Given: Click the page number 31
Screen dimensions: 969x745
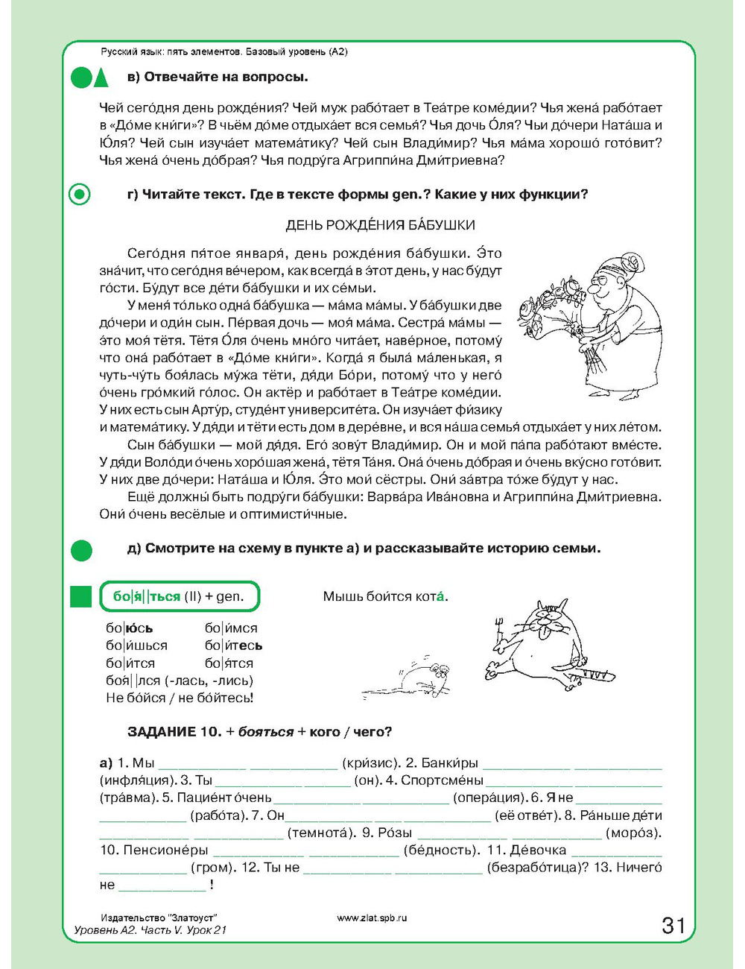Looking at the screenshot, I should (x=673, y=925).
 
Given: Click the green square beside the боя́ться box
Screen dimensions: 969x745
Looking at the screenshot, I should (x=80, y=596).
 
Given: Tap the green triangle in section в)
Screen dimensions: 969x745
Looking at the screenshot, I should (x=101, y=78).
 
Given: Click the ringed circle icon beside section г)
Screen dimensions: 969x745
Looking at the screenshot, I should (x=80, y=195).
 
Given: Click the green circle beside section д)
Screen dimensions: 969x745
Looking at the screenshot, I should (x=80, y=550).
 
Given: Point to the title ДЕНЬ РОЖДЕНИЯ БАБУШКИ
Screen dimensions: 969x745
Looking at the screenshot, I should (x=380, y=225).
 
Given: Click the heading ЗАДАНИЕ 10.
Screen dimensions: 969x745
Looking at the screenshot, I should (x=174, y=732).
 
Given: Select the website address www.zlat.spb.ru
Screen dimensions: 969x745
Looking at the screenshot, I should (x=372, y=918).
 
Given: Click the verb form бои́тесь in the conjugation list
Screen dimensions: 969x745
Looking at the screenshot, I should (x=233, y=646).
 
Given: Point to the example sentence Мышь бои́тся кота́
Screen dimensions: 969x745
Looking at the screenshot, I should (x=385, y=596).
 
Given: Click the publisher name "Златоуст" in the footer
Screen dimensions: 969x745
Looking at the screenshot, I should (x=192, y=918).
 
